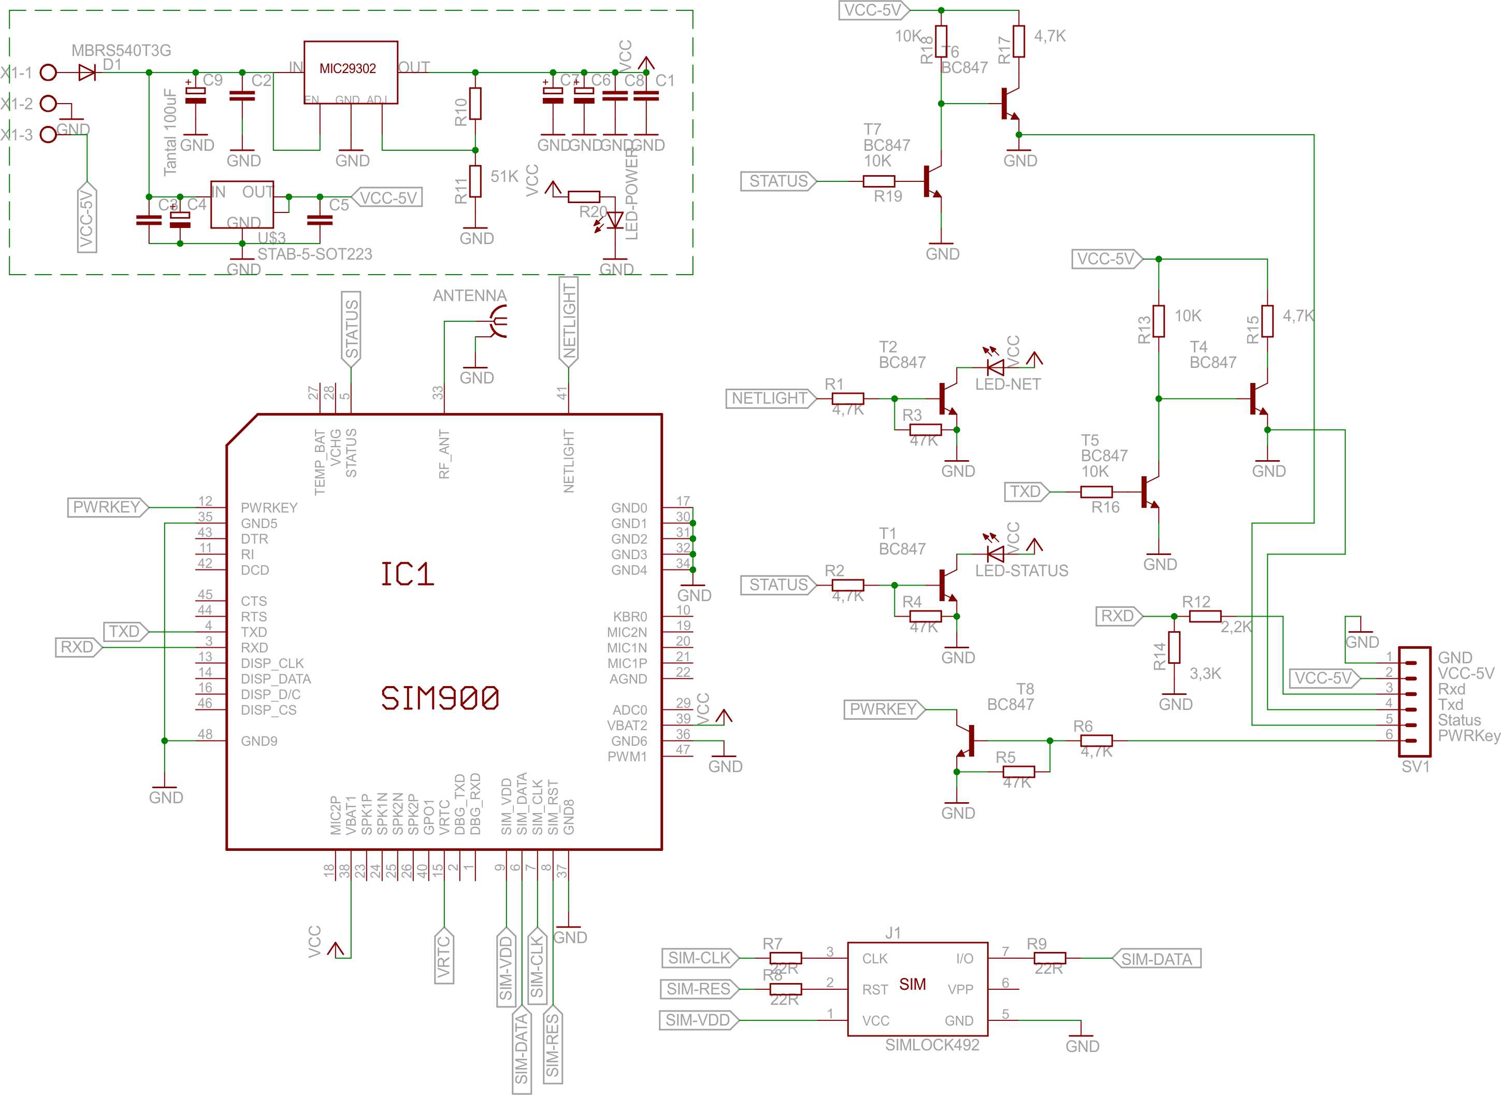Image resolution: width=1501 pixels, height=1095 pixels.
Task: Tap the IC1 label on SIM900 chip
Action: point(407,574)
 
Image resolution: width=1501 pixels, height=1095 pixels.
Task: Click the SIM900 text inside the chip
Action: point(440,698)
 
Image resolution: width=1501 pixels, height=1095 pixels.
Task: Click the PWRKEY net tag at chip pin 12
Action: point(107,507)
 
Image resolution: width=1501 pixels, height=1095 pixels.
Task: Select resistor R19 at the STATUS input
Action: point(878,181)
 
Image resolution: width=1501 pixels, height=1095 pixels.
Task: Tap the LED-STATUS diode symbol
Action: point(995,553)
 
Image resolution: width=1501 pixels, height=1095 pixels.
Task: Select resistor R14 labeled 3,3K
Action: point(1174,648)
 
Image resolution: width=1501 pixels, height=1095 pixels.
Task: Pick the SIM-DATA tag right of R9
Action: point(1156,959)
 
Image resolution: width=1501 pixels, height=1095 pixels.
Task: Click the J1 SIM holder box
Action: point(917,988)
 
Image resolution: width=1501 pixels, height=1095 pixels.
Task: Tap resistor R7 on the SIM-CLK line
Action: point(785,958)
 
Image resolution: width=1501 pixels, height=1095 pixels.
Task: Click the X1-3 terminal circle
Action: point(48,135)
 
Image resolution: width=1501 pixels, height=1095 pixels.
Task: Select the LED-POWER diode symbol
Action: point(615,219)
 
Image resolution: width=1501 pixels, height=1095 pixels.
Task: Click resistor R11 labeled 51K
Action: point(475,181)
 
